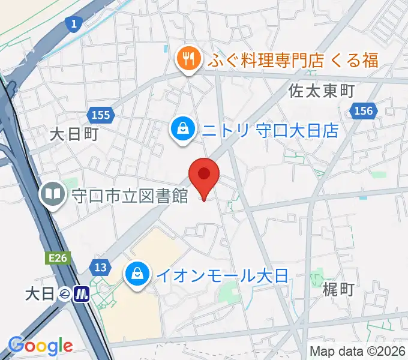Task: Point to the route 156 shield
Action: coord(363,111)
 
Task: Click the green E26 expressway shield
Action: coord(59,257)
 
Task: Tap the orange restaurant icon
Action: coord(187,59)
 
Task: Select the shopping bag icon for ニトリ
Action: coord(181,129)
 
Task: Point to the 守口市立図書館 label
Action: coord(130,195)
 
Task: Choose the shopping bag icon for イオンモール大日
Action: coord(137,275)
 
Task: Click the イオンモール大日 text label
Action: coord(223,276)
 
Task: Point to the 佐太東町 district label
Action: coord(322,91)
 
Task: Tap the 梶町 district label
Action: coord(338,290)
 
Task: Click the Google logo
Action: coord(41,345)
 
